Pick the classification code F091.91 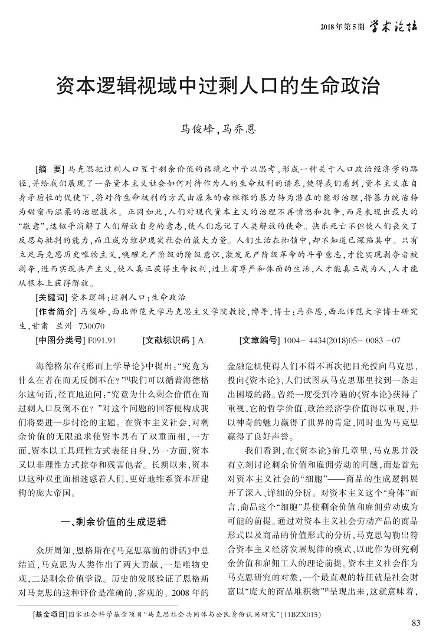[x=102, y=340]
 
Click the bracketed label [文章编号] [x=261, y=340]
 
